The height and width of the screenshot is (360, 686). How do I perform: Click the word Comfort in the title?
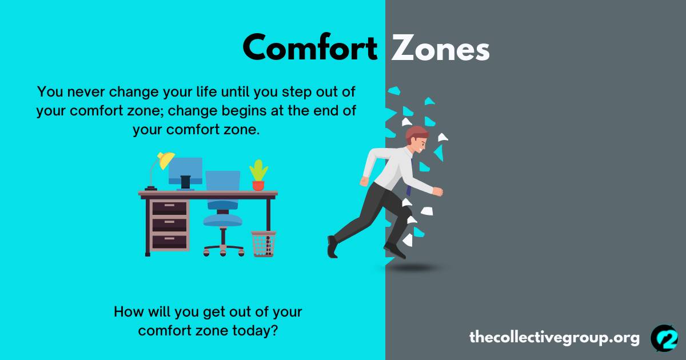click(310, 47)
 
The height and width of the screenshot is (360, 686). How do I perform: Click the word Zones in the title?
click(441, 47)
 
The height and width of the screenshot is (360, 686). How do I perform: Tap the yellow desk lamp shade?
click(166, 160)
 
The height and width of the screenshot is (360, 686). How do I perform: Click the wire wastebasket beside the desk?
click(264, 243)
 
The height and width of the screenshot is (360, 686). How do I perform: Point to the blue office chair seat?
click(222, 220)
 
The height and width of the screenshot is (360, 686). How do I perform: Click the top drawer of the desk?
click(169, 208)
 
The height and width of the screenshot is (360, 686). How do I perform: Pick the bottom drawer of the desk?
click(169, 242)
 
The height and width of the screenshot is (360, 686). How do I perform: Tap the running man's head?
click(417, 139)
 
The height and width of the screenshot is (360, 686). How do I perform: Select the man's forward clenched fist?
click(438, 191)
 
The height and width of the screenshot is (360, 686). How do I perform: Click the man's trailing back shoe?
click(332, 247)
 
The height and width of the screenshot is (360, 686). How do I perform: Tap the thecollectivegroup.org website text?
click(555, 338)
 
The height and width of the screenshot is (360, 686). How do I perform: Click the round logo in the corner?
click(664, 338)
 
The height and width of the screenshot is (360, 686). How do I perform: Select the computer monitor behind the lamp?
click(185, 171)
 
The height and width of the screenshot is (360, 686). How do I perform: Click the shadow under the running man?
click(413, 268)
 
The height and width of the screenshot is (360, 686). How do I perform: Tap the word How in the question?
click(129, 311)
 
